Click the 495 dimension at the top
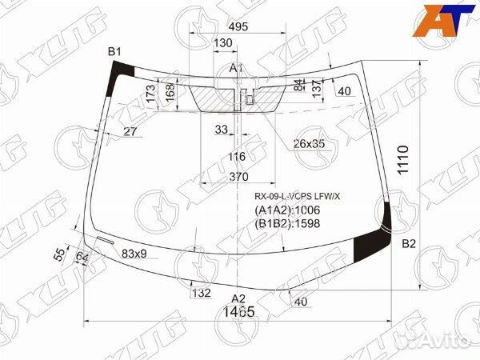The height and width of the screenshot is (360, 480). tap(238, 26)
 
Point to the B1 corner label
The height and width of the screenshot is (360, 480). tap(115, 52)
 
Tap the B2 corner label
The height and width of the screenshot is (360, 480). tap(409, 243)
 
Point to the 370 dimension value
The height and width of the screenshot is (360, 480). tap(238, 177)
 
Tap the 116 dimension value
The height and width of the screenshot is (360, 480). tap(237, 156)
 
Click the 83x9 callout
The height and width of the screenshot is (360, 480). tap(134, 254)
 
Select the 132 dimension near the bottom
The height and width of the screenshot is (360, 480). tap(201, 294)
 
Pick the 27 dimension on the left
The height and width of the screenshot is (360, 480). tap(131, 131)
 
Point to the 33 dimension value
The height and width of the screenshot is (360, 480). tap(222, 129)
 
